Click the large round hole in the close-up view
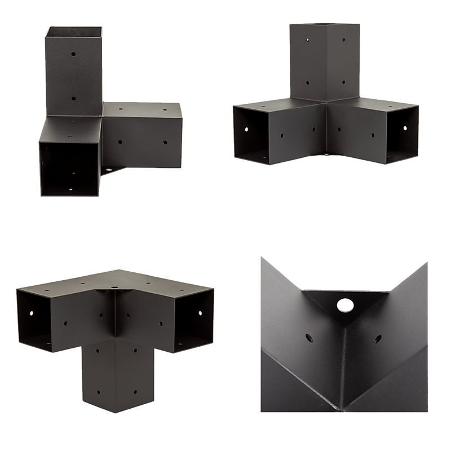point(343,306)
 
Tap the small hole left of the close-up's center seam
point(309,338)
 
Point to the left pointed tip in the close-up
point(260,257)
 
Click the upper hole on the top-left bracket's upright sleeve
point(74,55)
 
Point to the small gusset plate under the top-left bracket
point(113,170)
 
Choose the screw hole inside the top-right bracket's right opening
point(405,128)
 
